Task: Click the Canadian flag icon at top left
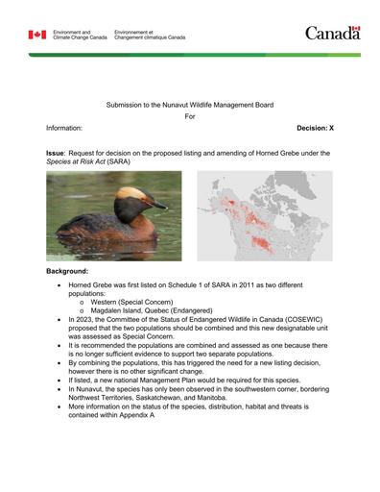[37, 35]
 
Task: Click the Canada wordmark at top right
[332, 34]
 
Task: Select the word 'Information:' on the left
[64, 127]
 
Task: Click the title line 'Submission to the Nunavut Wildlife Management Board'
[189, 101]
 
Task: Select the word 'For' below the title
[189, 114]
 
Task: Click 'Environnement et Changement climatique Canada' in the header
[150, 35]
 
